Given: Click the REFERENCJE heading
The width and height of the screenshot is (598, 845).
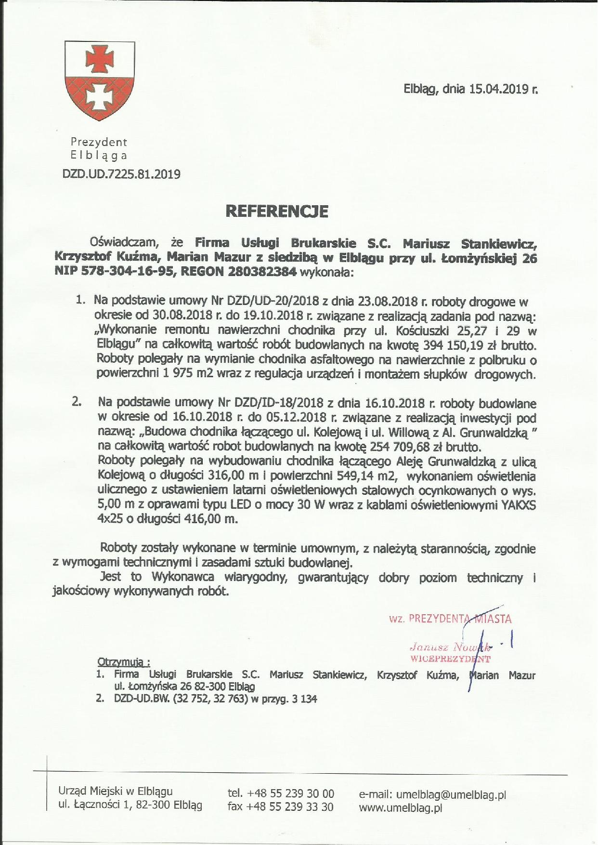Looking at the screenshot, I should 277,211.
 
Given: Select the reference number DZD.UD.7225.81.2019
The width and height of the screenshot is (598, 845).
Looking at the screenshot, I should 121,174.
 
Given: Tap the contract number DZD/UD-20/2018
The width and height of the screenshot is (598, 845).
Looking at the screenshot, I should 272,302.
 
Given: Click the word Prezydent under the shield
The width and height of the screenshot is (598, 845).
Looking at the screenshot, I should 99,142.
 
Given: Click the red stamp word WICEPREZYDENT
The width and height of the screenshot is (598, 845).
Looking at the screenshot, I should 450,658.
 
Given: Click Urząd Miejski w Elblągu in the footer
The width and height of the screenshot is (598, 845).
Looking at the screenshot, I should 115,791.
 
